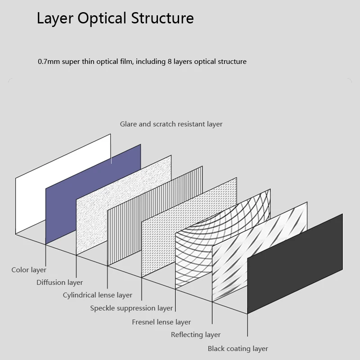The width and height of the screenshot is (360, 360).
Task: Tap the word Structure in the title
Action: coord(162,18)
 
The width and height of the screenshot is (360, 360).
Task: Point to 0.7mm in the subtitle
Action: coord(48,62)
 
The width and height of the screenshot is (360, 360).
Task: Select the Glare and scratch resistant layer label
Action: coord(171,124)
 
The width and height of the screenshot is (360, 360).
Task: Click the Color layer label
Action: coord(29,270)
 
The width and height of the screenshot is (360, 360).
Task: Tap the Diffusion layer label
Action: coord(59,283)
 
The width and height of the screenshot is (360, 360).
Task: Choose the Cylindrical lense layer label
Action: coord(97,295)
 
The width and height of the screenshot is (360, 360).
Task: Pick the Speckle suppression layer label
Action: coord(131,308)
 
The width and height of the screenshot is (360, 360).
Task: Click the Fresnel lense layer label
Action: coord(161,322)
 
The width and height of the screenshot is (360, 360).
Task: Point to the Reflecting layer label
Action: coord(196,335)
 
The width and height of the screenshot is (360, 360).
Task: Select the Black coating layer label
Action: coord(238,349)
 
